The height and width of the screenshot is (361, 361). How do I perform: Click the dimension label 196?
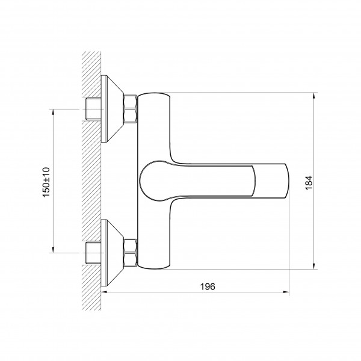(x=208, y=286)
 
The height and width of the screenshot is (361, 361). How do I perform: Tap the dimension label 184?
(x=309, y=183)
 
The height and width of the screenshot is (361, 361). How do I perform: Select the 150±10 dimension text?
(x=46, y=182)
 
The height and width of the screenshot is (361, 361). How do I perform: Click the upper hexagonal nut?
(x=130, y=109)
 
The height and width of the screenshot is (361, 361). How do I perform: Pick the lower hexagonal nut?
(x=130, y=253)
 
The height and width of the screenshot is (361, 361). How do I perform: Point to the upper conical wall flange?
(x=112, y=109)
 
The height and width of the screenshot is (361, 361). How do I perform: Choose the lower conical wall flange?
(x=112, y=253)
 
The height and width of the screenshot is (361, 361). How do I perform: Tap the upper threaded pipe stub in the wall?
(x=93, y=109)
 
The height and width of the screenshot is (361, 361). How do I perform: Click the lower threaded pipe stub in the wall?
(x=93, y=253)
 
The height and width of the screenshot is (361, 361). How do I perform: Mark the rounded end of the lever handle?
(x=147, y=180)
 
